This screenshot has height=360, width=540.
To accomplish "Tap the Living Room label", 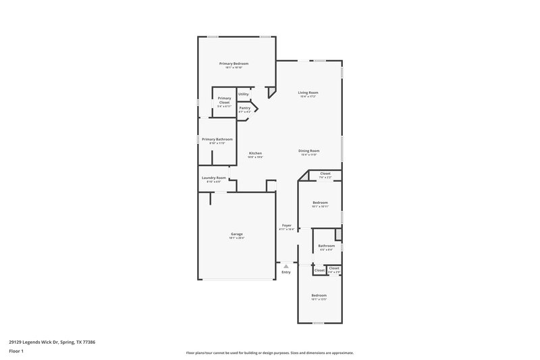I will [x=308, y=93].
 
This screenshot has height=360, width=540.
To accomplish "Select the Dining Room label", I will [x=309, y=151].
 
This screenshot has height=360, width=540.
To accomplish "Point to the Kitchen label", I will [x=255, y=153].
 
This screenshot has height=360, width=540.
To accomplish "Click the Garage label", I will [x=236, y=234].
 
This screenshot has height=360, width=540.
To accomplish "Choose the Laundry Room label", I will [x=214, y=178].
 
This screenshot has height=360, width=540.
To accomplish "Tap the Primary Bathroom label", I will [x=217, y=139].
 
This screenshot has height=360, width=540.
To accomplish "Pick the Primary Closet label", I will [x=224, y=100].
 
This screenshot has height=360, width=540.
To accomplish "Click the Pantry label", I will [x=244, y=108].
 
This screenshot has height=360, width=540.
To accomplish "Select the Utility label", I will [x=244, y=94].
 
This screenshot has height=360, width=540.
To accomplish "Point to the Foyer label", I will [x=286, y=226].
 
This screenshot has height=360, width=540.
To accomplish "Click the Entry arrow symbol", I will [x=286, y=266].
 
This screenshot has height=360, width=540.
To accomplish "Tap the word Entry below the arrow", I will [x=286, y=272].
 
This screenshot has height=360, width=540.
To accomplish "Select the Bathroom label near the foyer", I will [x=326, y=246].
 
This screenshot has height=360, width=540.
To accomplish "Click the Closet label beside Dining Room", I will [x=325, y=174].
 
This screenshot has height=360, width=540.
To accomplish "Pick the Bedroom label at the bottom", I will [x=319, y=295].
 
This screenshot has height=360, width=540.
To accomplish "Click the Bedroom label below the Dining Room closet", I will [x=320, y=203].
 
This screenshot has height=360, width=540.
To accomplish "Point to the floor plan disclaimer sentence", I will [x=270, y=353].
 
